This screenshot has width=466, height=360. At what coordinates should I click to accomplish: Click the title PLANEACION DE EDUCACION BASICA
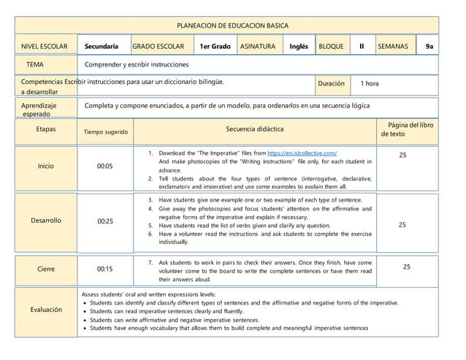pyautogui.click(x=232, y=24)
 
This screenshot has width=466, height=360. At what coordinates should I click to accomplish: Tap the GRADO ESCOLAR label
pyautogui.click(x=158, y=47)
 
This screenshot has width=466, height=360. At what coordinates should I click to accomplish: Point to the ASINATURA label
pyautogui.click(x=258, y=47)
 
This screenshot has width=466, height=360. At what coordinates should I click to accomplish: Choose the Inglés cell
pyautogui.click(x=298, y=47)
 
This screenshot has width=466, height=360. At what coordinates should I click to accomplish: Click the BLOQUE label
pyautogui.click(x=331, y=47)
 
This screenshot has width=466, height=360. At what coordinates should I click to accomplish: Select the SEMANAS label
pyautogui.click(x=393, y=47)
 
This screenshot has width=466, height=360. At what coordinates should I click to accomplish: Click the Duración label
pyautogui.click(x=331, y=83)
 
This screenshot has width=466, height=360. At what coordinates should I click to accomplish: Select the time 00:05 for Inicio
pyautogui.click(x=104, y=166)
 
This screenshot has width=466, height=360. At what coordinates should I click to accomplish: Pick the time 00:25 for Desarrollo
pyautogui.click(x=104, y=221)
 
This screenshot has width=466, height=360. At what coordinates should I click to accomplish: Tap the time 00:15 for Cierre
pyautogui.click(x=104, y=269)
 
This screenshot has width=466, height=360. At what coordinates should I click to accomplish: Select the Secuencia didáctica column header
pyautogui.click(x=255, y=129)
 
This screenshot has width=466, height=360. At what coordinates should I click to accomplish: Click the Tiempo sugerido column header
pyautogui.click(x=107, y=132)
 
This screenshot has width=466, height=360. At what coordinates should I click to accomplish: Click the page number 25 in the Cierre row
pyautogui.click(x=407, y=267)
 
